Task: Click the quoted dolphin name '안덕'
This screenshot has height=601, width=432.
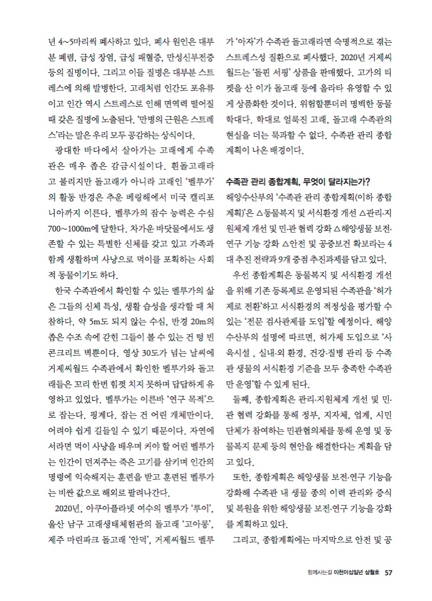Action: click(x=141, y=538)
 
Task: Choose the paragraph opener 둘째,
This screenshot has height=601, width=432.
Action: click(x=241, y=398)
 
